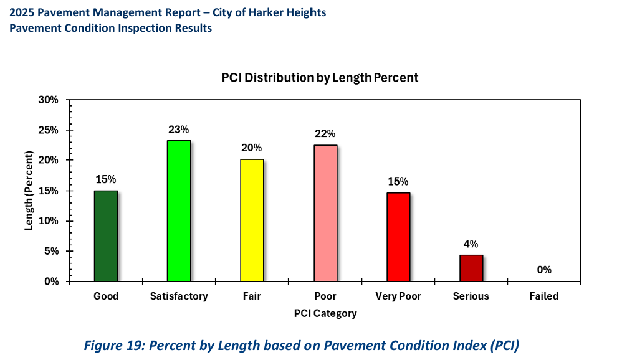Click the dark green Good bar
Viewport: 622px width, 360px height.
coord(105,236)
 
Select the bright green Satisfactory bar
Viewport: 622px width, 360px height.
coord(179,211)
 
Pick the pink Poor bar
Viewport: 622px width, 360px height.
coord(325,213)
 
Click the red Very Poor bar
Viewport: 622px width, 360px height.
coord(398,237)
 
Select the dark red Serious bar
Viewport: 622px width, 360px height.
coord(471,268)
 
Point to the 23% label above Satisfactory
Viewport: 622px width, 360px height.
coord(178,130)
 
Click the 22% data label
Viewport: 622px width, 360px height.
coord(325,134)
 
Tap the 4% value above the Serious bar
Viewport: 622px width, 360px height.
coord(471,244)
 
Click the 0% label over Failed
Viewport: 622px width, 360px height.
coord(544,270)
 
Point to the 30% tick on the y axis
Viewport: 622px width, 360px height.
coord(48,100)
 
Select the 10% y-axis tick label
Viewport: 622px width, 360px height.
coord(48,221)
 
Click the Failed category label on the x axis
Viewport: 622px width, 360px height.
coord(544,296)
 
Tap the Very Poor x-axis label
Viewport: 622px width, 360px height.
coord(398,296)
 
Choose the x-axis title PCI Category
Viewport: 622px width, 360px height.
coord(325,313)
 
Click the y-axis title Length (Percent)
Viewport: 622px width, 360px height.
coord(29,191)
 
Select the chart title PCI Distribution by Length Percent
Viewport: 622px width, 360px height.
coord(320,78)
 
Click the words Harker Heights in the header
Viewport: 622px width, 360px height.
coord(290,12)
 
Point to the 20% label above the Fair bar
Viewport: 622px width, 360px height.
coord(252,148)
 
